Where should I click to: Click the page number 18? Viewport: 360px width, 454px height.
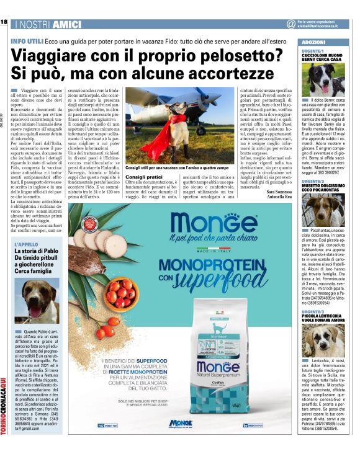pyautogui.click(x=4, y=23)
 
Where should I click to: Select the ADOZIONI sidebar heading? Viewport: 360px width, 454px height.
pyautogui.click(x=313, y=40)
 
